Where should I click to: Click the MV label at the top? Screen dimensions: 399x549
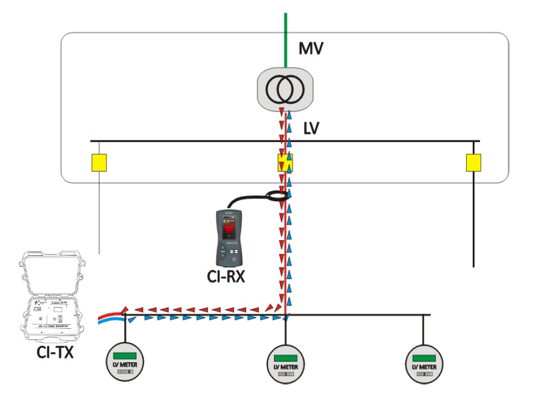(x=311, y=48)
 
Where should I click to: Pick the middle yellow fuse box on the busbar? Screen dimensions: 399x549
(x=286, y=162)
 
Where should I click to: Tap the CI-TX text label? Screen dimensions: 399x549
(x=54, y=352)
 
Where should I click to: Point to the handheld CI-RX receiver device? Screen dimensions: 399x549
(x=231, y=237)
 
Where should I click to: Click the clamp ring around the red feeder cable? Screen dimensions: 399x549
(x=277, y=195)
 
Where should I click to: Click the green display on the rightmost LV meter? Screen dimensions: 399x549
(x=425, y=357)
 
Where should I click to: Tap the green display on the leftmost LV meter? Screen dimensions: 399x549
(x=125, y=355)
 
